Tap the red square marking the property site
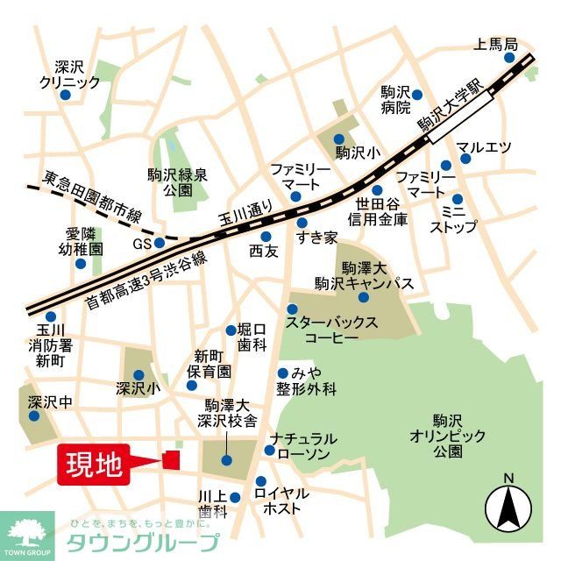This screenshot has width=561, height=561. pos(170,459)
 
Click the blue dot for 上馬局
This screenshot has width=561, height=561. pos(510,58)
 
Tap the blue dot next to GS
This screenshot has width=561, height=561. pos(160,243)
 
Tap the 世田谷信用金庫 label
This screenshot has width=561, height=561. pos(378,212)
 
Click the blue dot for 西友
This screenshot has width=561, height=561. pos(266,236)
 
